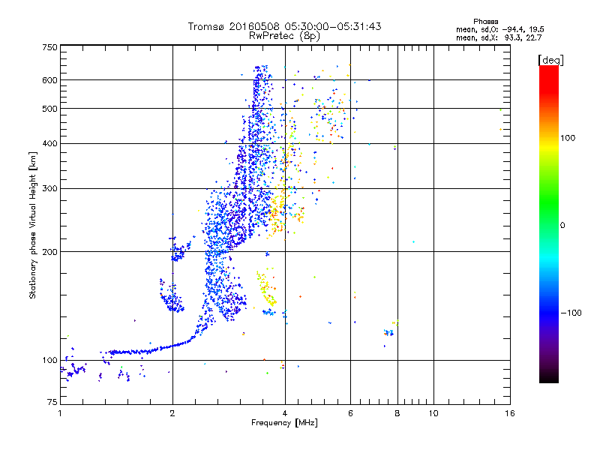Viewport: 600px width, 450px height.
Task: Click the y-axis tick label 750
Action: tap(49, 46)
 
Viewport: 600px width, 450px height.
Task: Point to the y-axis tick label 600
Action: tap(49, 80)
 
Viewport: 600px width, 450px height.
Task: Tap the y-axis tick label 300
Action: tap(49, 188)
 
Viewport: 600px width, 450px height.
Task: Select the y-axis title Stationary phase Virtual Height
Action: tap(33, 225)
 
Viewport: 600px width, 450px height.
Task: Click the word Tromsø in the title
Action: tap(206, 26)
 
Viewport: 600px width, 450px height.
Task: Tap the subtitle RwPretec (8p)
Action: tap(285, 35)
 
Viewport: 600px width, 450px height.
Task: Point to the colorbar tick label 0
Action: tap(563, 225)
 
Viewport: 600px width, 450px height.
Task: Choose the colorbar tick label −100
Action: tap(572, 312)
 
